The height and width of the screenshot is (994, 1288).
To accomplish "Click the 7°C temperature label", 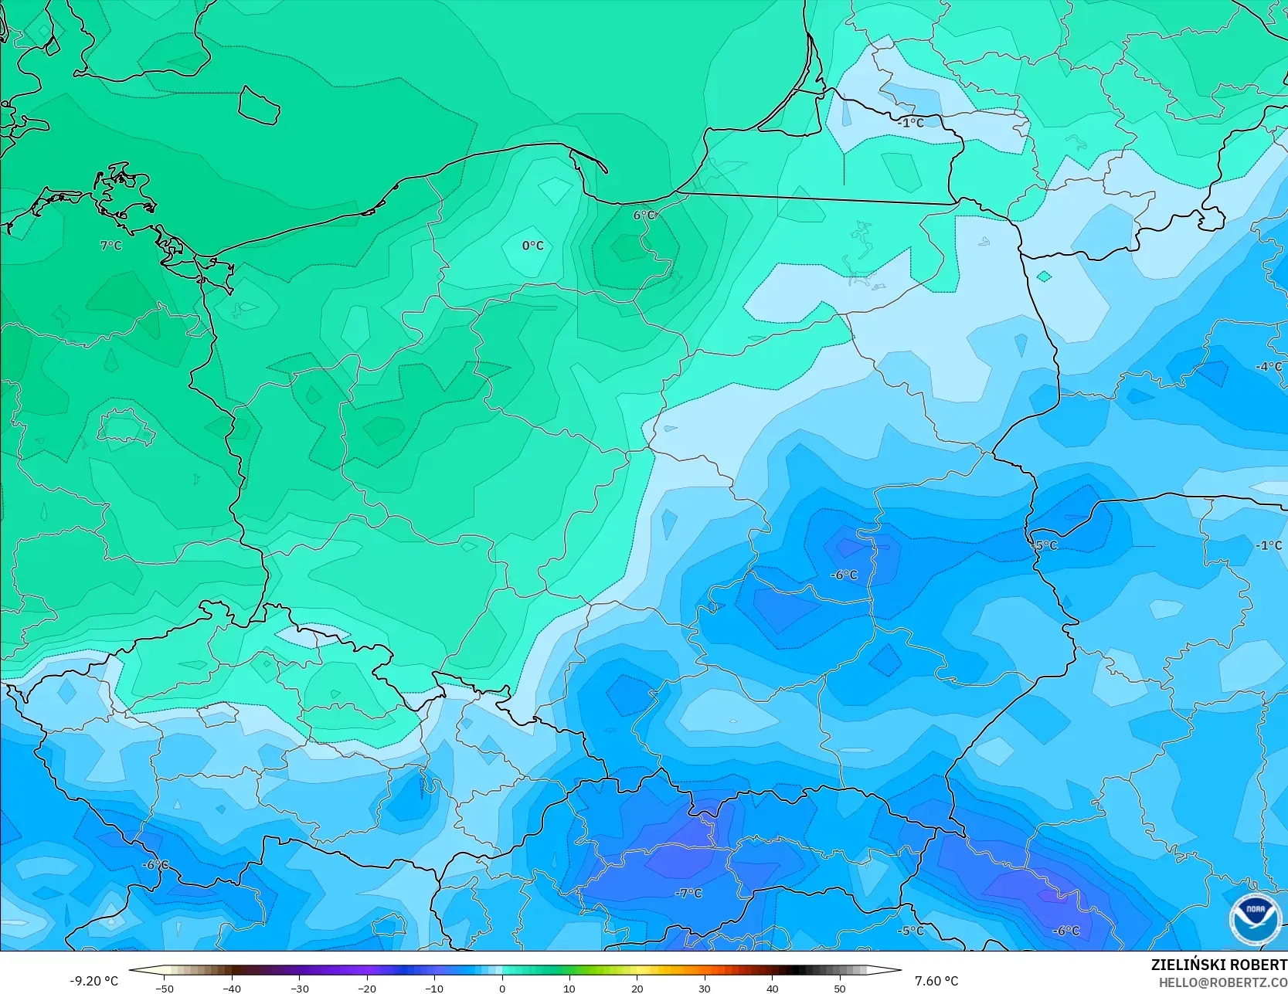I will [x=111, y=246].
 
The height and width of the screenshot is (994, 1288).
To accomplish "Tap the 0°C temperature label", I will [x=532, y=246].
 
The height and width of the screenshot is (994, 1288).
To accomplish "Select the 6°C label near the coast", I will [x=644, y=215].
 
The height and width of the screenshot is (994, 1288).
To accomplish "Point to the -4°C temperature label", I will [x=1268, y=367].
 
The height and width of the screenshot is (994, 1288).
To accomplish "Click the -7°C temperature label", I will [x=688, y=894].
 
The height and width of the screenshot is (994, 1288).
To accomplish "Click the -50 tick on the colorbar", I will [x=165, y=988].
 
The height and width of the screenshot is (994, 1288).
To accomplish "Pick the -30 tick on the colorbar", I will [x=300, y=988].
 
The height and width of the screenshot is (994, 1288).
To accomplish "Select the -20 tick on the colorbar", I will [x=367, y=988].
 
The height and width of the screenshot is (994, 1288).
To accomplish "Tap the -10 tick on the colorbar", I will [x=434, y=988].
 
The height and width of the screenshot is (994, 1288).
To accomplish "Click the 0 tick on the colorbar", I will [x=502, y=988].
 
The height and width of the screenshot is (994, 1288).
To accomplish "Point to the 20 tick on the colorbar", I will [x=637, y=988].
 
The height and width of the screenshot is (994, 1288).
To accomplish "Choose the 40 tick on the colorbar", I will [x=773, y=988].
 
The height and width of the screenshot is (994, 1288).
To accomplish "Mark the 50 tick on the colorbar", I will [x=840, y=988].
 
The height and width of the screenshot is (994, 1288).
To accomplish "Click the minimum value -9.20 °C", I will [x=94, y=981].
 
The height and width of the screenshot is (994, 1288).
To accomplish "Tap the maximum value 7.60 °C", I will [x=936, y=981].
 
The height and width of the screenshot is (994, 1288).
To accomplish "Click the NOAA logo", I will [x=1255, y=919].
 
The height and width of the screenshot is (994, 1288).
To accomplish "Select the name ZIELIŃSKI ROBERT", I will [x=1218, y=965].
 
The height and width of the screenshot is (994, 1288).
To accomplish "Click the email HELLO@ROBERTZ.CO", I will [x=1222, y=982].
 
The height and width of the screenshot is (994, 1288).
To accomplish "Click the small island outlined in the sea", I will [x=257, y=105].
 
